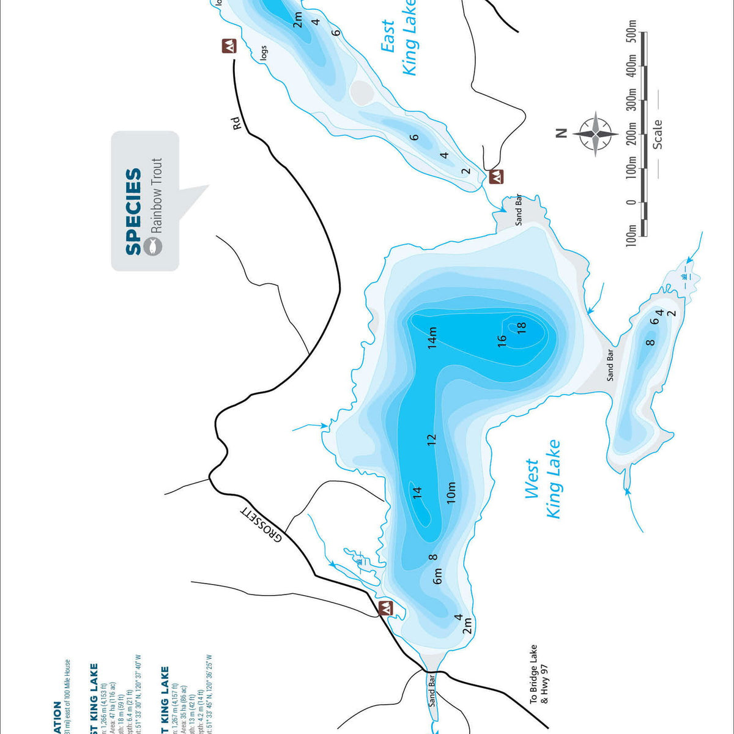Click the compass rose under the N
pos(595,134)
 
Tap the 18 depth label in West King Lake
pos(521,328)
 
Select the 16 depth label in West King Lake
pos(502,340)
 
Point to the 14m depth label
pos(432,338)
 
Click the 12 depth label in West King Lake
pos(432,439)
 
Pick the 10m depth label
pos(451,492)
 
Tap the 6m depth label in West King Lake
pos(437,576)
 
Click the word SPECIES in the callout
pos(133,212)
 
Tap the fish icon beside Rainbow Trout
pos(153,246)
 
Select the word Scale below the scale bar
pos(657,135)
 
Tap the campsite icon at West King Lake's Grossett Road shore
pos(386,609)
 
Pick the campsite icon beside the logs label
pos(229,46)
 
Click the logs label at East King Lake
pos(264,53)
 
